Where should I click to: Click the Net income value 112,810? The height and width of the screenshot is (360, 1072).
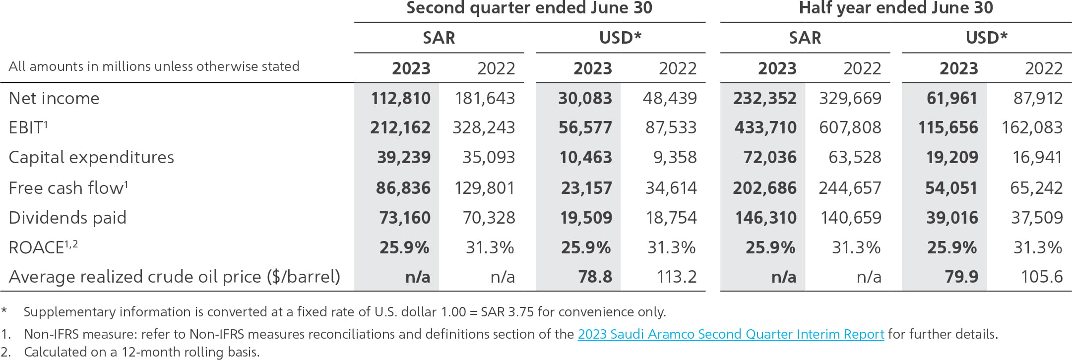[x=400, y=98]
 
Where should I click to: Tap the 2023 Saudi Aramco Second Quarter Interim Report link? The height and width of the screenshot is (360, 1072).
[x=731, y=334]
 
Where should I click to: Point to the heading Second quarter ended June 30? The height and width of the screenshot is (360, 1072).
[x=529, y=8]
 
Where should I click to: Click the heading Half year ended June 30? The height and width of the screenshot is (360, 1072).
[x=896, y=8]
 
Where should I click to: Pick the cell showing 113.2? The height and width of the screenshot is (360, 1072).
[x=677, y=277]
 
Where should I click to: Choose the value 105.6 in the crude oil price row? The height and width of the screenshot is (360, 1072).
[x=1041, y=277]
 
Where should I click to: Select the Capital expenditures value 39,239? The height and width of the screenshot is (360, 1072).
[x=403, y=158]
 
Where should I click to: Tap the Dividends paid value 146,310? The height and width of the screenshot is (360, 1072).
[x=765, y=218]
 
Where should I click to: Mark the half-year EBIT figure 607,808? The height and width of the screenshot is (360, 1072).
[x=850, y=128]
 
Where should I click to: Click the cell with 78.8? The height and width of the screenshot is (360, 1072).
[x=595, y=277]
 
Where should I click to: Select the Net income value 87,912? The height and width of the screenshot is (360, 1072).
[x=1038, y=98]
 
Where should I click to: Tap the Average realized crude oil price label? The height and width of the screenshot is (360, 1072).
[x=174, y=277]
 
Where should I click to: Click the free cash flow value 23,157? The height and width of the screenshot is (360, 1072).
[x=586, y=188]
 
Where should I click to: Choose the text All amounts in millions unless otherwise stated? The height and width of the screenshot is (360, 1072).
[x=154, y=66]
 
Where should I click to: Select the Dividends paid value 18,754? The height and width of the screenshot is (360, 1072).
[x=671, y=218]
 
